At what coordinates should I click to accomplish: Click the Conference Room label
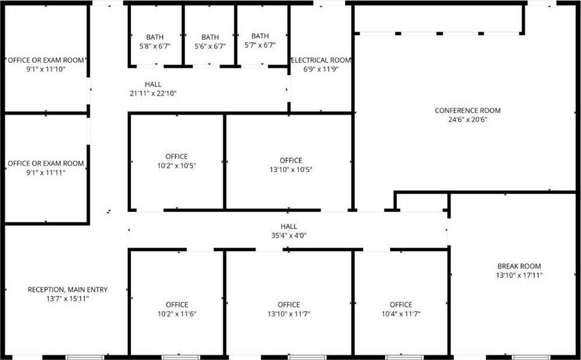point(467,110)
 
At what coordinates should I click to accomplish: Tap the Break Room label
point(519,266)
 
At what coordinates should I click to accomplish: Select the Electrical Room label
point(321,60)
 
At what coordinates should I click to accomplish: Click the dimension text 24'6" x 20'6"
point(467,119)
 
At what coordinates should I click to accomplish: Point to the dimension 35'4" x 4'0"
point(288,235)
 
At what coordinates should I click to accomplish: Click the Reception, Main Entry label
point(68,290)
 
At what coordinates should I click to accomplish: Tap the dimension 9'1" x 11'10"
point(45,69)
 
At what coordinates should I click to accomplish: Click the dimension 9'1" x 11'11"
point(45,172)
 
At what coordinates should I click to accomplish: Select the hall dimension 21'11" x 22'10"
point(153,94)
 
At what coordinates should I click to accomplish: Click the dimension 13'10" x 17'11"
point(519,275)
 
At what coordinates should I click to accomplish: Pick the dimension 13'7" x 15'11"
point(68,299)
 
